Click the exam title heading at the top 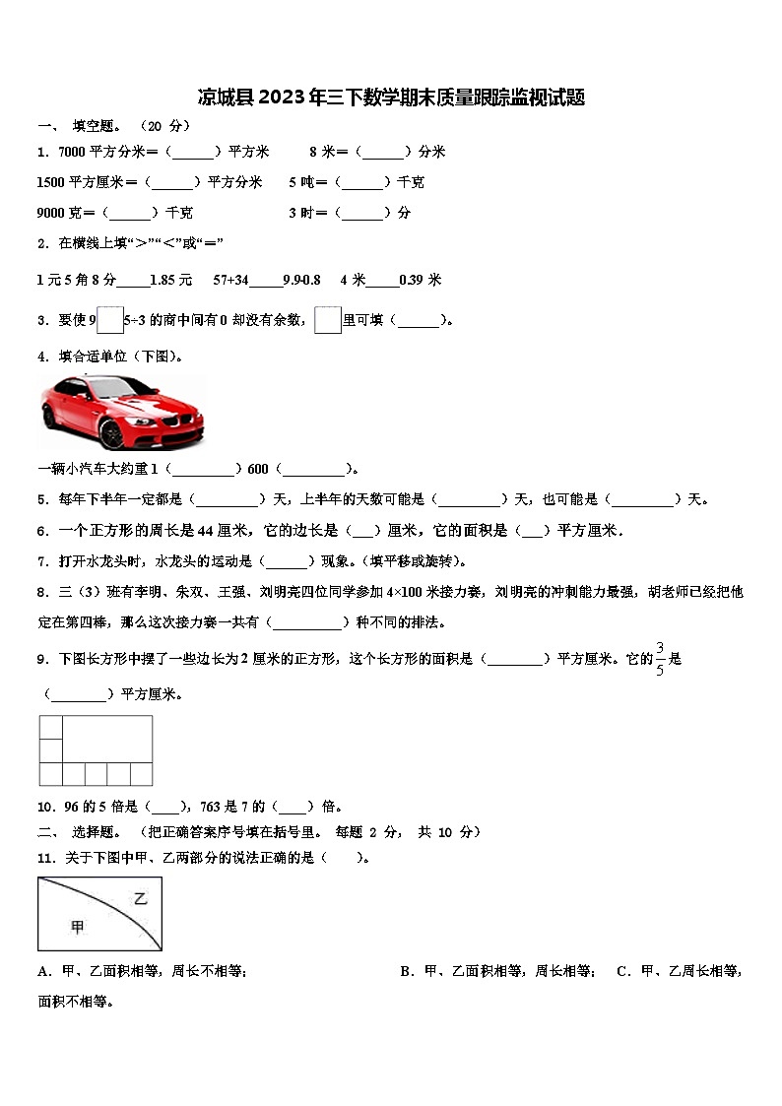coord(391,98)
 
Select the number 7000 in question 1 coord(73,152)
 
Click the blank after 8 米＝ coord(383,152)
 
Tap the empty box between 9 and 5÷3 coord(110,320)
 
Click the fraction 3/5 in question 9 coord(660,659)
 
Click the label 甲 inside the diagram coord(78,926)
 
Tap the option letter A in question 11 coord(43,971)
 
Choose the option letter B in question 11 coord(406,971)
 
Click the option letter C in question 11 coord(622,971)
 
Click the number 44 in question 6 coord(207,531)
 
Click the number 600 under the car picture coord(258,469)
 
